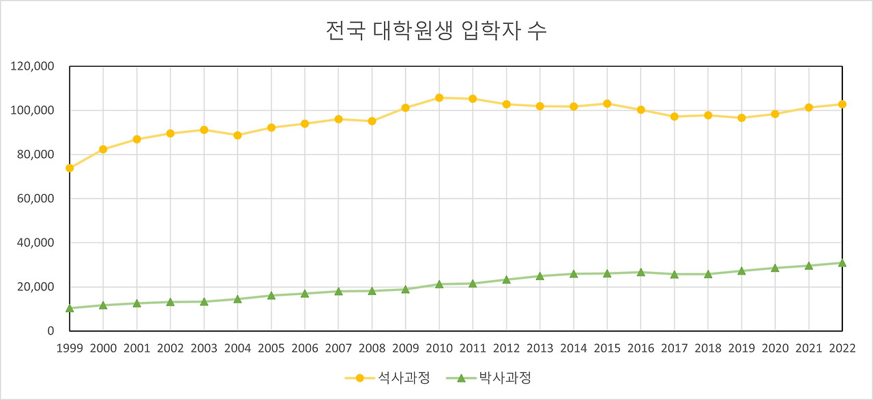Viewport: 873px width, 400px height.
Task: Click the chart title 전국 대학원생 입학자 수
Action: pyautogui.click(x=436, y=31)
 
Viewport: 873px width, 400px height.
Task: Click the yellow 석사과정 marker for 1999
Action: pyautogui.click(x=70, y=168)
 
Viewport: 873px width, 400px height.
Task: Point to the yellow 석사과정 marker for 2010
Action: pyautogui.click(x=439, y=98)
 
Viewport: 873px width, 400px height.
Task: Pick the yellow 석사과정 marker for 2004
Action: pyautogui.click(x=237, y=135)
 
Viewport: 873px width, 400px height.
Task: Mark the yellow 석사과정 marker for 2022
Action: pyautogui.click(x=842, y=104)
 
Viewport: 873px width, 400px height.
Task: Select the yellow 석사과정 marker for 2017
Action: pyautogui.click(x=675, y=117)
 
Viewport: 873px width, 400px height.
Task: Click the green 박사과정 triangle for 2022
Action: pyautogui.click(x=842, y=263)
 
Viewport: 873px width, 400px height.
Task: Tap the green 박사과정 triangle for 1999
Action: pyautogui.click(x=70, y=308)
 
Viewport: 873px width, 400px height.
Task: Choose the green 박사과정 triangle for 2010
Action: pyautogui.click(x=439, y=284)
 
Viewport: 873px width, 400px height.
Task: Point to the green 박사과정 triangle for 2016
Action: pyautogui.click(x=641, y=273)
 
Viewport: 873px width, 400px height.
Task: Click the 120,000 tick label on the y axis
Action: pyautogui.click(x=32, y=67)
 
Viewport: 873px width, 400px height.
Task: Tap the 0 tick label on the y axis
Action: pyautogui.click(x=50, y=331)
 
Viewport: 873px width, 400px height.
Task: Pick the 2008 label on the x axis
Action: pyautogui.click(x=372, y=348)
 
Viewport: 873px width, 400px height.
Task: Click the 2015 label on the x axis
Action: pyautogui.click(x=607, y=348)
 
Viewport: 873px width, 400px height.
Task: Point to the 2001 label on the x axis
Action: pyautogui.click(x=136, y=348)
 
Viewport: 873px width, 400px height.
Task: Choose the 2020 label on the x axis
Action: pyautogui.click(x=775, y=348)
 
